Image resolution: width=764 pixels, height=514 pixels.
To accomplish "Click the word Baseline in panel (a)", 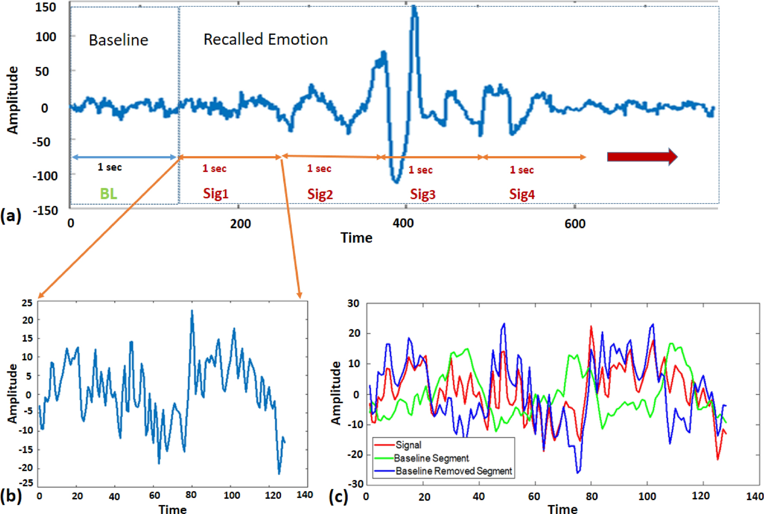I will click(118, 40).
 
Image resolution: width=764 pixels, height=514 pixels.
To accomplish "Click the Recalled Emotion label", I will click(265, 39).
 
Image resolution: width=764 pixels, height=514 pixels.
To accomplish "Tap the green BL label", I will click(108, 193).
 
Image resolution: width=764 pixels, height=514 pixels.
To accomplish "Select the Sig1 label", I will click(215, 194).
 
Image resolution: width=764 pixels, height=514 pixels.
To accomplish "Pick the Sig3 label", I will click(423, 194).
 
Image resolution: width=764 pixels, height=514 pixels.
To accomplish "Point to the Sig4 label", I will click(522, 194).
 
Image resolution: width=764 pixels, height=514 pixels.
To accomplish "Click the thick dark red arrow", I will click(642, 157).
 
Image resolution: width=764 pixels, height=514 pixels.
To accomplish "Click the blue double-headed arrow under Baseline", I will click(124, 157).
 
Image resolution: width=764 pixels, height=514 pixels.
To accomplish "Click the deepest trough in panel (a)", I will click(396, 182).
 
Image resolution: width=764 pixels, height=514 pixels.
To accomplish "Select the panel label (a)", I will click(11, 215).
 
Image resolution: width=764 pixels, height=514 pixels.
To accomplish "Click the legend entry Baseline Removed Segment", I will click(453, 471).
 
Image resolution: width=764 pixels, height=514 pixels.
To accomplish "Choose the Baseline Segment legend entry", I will click(431, 458).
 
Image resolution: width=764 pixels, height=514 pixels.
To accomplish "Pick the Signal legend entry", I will click(408, 445).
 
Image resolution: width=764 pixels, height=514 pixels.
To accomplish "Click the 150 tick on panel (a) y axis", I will click(46, 7).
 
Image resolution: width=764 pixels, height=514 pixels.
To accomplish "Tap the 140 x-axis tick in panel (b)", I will click(305, 495).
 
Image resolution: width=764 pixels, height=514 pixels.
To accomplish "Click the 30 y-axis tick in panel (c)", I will click(353, 303).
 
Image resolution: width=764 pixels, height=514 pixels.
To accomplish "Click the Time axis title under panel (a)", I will click(356, 238).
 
